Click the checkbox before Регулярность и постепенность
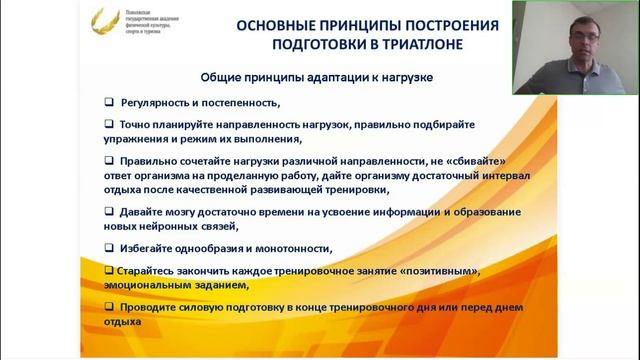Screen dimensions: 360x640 pos(109,102)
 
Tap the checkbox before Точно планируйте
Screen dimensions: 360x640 pos(109,124)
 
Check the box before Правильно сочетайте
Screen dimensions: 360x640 pos(109,160)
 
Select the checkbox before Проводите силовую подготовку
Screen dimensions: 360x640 pos(109,306)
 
